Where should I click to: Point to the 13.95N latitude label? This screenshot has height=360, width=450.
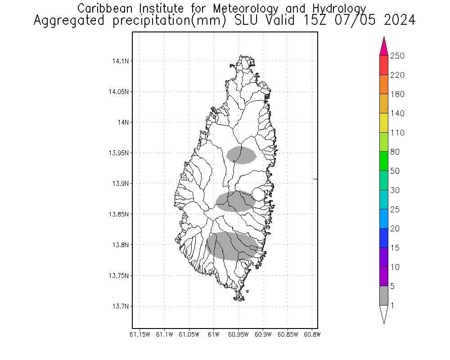tap(119, 153)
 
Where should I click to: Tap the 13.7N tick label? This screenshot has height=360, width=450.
tap(121, 306)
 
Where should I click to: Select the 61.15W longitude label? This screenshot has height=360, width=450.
tap(139, 334)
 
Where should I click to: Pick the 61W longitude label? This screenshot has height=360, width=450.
tap(214, 334)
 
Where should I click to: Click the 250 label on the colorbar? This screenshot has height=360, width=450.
tap(397, 56)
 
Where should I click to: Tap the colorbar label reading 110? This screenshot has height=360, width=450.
tap(397, 133)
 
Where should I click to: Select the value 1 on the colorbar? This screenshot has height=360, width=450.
tap(392, 306)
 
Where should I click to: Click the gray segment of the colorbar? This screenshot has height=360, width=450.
tap(384, 296)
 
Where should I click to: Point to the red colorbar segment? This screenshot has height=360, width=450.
tap(384, 65)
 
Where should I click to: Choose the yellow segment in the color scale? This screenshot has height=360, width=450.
tap(384, 123)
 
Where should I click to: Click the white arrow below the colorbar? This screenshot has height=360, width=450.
tap(384, 314)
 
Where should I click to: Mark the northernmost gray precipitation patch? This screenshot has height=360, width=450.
tap(242, 155)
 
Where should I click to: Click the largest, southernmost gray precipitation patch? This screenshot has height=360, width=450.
tap(232, 246)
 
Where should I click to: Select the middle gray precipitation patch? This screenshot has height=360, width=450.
tap(236, 201)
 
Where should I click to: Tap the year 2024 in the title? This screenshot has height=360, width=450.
tap(397, 20)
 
